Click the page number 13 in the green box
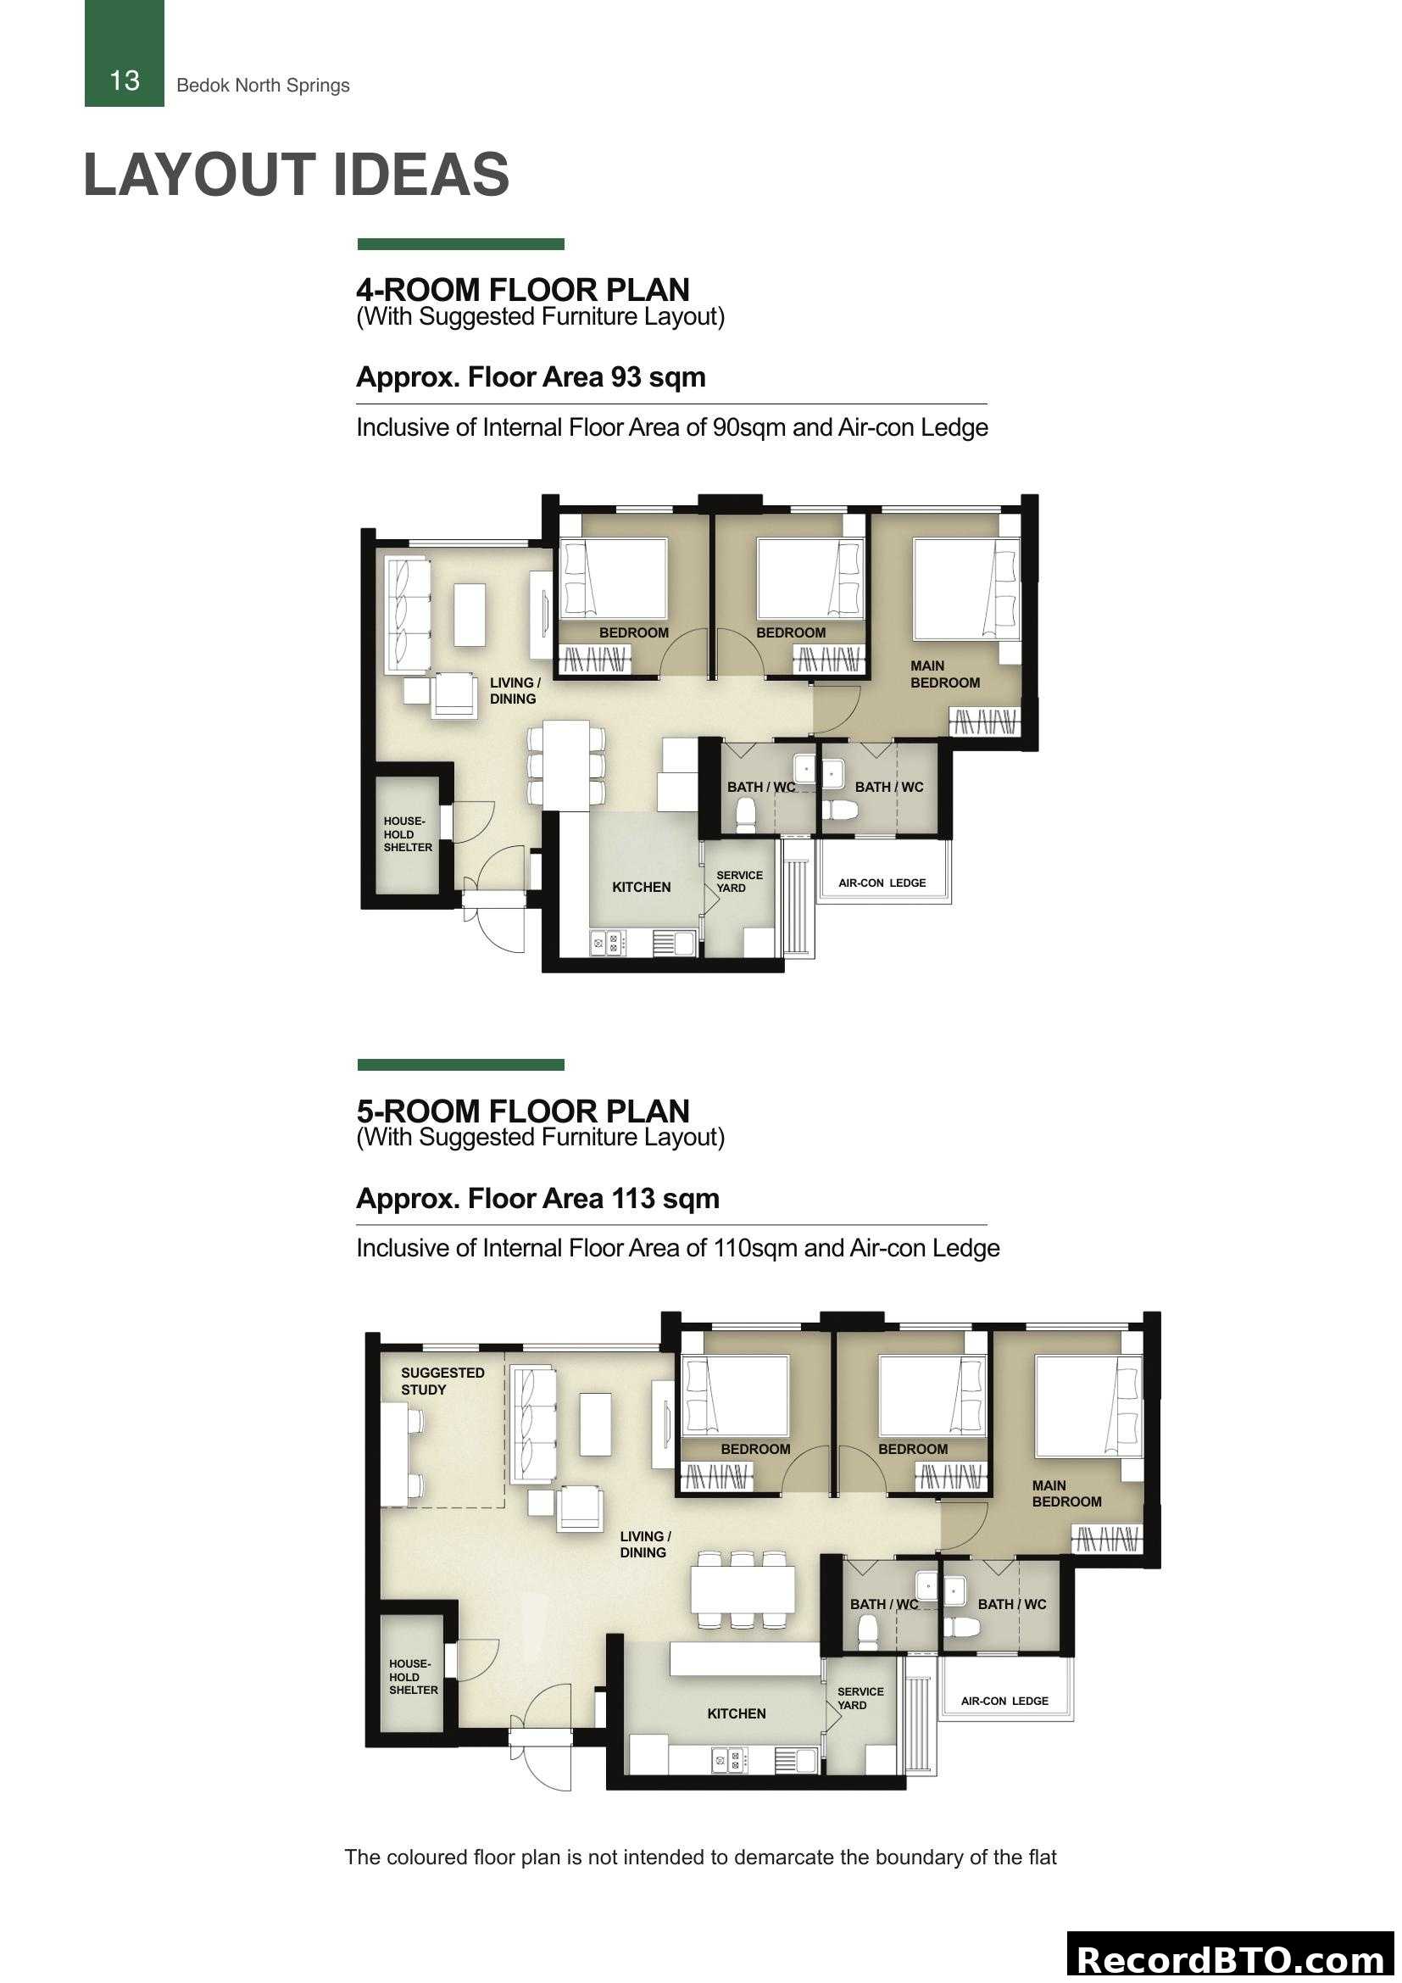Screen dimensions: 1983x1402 coord(125,81)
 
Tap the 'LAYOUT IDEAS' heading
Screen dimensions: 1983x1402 coord(296,175)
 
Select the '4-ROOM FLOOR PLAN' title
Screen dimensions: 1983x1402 coord(522,289)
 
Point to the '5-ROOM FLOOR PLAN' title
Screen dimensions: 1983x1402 coord(522,1111)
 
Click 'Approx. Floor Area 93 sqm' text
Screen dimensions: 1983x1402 coord(530,377)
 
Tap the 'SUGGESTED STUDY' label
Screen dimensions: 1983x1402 coord(442,1381)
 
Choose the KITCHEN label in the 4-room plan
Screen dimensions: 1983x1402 coord(641,887)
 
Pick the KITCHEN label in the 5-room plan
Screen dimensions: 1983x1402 coord(736,1713)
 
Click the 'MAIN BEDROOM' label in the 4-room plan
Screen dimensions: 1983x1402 coord(944,675)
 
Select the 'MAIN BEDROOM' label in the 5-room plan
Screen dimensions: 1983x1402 coord(1066,1494)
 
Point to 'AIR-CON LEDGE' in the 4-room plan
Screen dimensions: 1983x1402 coord(882,883)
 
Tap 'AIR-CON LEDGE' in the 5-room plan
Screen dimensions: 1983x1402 coord(1004,1702)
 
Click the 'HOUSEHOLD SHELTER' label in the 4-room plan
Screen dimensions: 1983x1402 coord(408,834)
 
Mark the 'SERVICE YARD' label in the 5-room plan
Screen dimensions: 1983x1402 coord(859,1699)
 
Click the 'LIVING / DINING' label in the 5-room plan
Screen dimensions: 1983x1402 coord(644,1544)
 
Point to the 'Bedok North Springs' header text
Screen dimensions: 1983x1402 coord(263,86)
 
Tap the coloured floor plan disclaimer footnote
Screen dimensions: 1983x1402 coord(700,1857)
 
